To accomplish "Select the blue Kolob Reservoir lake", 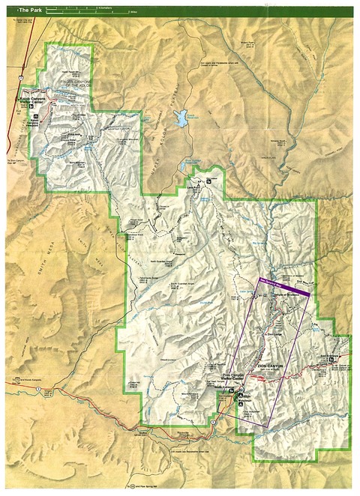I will [x=180, y=118].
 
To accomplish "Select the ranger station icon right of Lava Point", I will [x=211, y=180].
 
